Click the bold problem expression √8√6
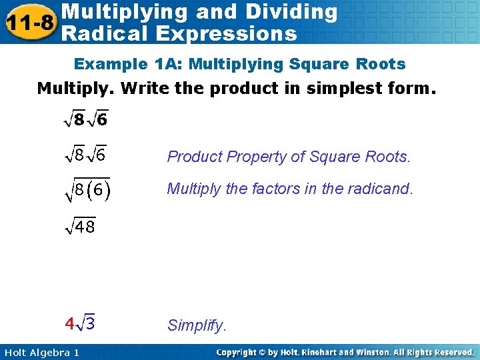pyautogui.click(x=86, y=121)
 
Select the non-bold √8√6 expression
pyautogui.click(x=86, y=157)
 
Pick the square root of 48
pyautogui.click(x=80, y=227)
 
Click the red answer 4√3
pyautogui.click(x=79, y=324)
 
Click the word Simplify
pyautogui.click(x=197, y=326)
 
